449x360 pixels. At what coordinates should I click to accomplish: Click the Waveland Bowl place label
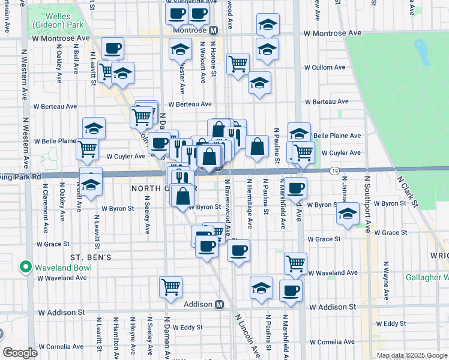point(61,266)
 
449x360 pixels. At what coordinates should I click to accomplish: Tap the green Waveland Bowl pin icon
point(26,266)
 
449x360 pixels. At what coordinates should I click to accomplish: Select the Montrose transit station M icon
point(212,29)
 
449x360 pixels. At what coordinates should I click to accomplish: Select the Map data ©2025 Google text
point(412,355)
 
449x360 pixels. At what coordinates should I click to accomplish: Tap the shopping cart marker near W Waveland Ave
point(295,263)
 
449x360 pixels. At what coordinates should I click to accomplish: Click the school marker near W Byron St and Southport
point(348,214)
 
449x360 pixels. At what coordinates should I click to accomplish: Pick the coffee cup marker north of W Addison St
point(291,290)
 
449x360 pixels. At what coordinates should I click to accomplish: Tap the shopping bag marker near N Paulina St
point(256,146)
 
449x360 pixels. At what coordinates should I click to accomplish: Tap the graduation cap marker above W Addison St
point(261,288)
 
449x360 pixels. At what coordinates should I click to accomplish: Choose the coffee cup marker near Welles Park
point(112,48)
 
